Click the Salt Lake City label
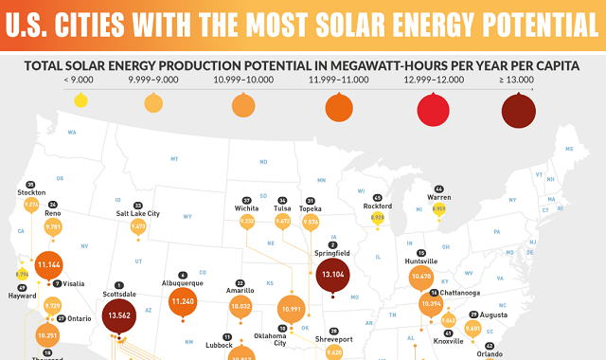[x=138, y=214]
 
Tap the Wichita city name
[x=247, y=208]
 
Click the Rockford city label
[x=377, y=206]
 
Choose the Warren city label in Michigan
[x=438, y=197]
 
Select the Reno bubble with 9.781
[x=53, y=227]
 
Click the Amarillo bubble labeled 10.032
[x=241, y=306]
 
